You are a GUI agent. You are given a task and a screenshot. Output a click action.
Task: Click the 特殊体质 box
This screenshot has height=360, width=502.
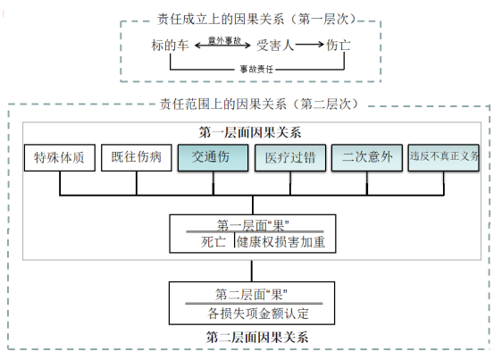[59, 158]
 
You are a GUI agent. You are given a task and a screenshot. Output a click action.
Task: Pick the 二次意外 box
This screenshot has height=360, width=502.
[367, 158]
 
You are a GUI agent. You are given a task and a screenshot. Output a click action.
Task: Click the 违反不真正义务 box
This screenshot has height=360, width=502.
[443, 158]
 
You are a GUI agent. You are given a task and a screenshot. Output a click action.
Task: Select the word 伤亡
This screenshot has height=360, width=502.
[339, 45]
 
